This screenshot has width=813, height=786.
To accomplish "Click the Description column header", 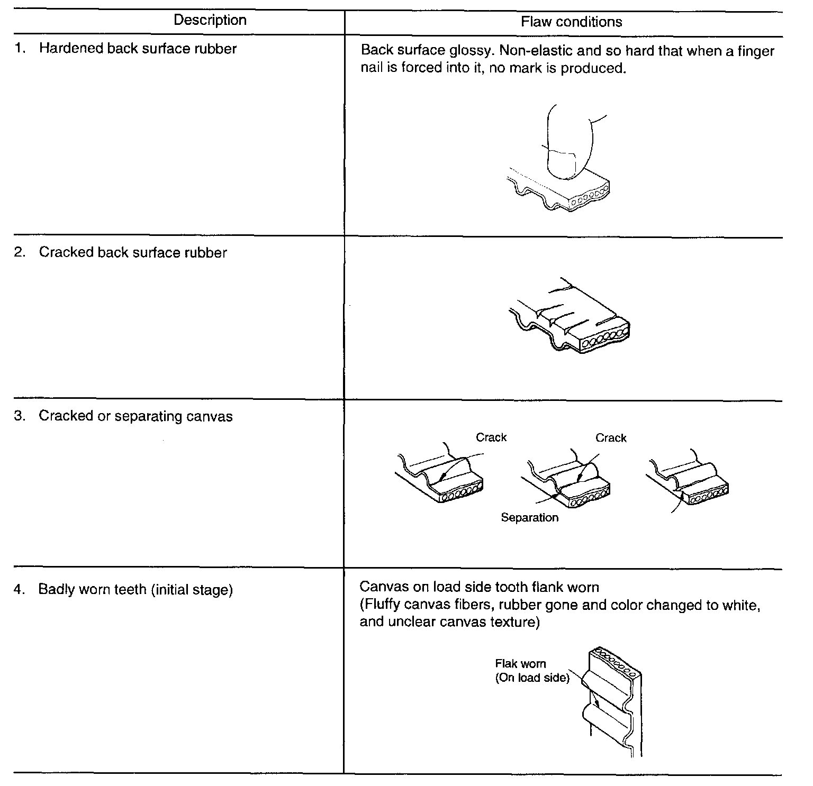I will tap(210, 20).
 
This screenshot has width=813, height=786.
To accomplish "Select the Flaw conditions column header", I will tap(571, 22).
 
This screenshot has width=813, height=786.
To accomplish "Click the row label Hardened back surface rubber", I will tap(138, 49).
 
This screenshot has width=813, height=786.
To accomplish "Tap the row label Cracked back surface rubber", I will tap(132, 253).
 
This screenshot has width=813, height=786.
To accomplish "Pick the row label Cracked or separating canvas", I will tap(135, 416).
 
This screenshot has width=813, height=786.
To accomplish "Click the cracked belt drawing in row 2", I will tap(569, 317).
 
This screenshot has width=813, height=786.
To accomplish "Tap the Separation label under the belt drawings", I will tap(529, 517).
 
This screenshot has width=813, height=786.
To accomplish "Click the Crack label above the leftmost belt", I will tap(491, 437).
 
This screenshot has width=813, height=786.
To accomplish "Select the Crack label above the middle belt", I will tap(610, 438).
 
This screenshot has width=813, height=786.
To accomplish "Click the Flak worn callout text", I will tap(520, 664).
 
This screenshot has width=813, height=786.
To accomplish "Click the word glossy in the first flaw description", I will tap(467, 51).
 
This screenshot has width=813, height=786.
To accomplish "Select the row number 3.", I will tap(20, 416).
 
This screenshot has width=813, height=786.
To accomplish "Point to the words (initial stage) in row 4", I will tap(192, 589).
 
